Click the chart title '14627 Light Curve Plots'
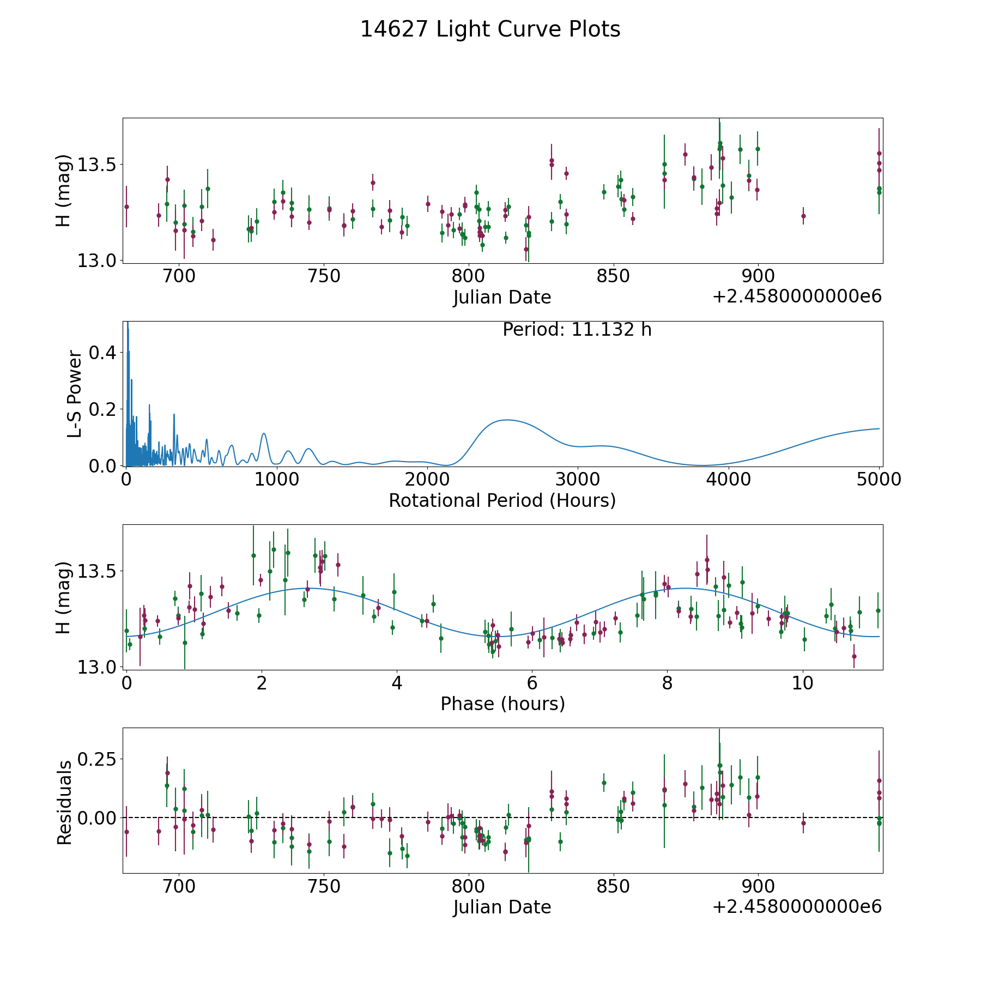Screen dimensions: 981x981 [x=490, y=29]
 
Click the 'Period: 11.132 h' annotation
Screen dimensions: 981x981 [x=577, y=330]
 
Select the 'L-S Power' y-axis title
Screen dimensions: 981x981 [x=75, y=394]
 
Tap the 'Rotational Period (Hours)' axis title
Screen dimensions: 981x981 [x=502, y=500]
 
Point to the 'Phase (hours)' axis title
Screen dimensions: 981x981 [x=502, y=704]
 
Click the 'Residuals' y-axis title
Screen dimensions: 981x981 [x=64, y=802]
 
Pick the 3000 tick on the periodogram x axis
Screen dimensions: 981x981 [x=577, y=480]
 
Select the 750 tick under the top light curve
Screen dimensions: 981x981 [x=324, y=276]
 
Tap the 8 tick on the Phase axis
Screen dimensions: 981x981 [x=667, y=683]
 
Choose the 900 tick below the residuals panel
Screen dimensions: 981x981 [x=758, y=886]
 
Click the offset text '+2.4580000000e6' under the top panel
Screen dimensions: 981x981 [x=797, y=296]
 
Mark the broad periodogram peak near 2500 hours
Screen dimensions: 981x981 [x=507, y=420]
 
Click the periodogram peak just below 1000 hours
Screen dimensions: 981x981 [x=264, y=433]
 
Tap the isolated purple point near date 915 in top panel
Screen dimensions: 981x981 [x=803, y=216]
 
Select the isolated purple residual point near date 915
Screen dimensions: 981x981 [x=803, y=823]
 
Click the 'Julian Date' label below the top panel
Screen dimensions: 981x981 [x=502, y=297]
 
